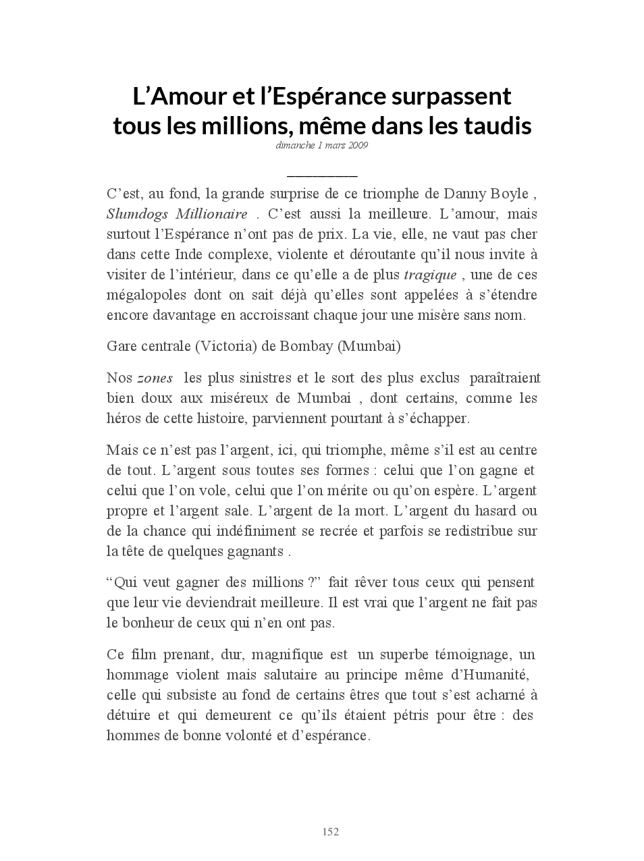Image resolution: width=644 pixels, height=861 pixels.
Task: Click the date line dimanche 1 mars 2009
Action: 321,145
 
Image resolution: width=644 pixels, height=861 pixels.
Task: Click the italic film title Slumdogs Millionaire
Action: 177,215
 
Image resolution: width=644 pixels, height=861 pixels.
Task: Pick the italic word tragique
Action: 430,275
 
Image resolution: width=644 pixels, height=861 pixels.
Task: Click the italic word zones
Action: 155,379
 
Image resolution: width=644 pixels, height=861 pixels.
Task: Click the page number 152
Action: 330,832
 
